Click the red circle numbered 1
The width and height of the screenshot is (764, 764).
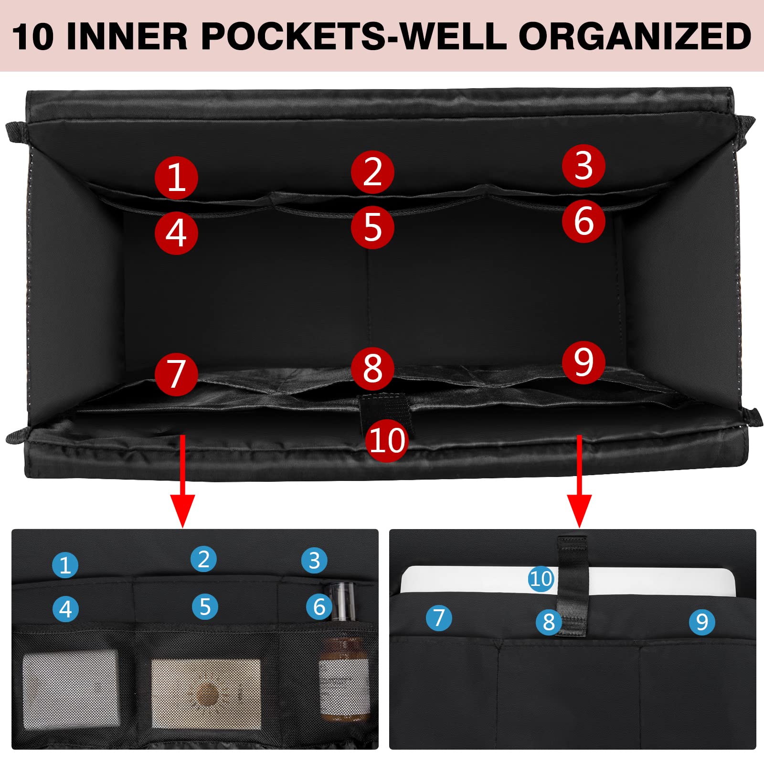(176, 178)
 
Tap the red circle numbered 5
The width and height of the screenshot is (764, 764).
(372, 227)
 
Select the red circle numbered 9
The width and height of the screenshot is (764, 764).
(584, 362)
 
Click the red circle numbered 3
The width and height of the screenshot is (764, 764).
(584, 166)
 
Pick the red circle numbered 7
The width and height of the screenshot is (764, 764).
(176, 374)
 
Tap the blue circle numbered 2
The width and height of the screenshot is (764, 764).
(203, 559)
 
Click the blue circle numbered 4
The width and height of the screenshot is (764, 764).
(65, 609)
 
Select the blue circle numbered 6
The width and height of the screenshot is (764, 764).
(319, 606)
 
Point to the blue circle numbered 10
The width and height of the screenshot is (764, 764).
(541, 579)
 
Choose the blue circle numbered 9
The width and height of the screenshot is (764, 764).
(702, 622)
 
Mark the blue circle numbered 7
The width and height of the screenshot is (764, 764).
(439, 617)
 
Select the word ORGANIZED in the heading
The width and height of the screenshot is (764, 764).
(635, 36)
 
